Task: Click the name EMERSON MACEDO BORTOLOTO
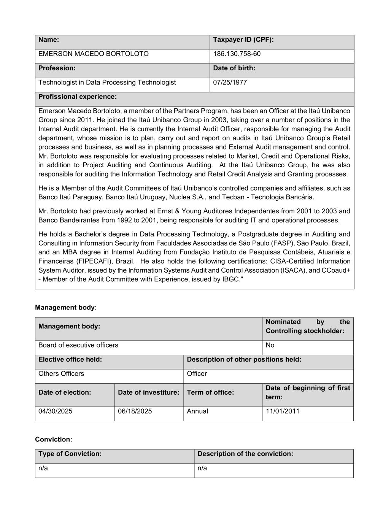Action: pyautogui.click(x=94, y=54)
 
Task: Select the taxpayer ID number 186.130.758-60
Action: pyautogui.click(x=237, y=54)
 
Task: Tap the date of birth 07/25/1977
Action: pyautogui.click(x=230, y=83)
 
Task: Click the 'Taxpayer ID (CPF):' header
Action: pyautogui.click(x=243, y=40)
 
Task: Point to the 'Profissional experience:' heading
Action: pyautogui.click(x=78, y=97)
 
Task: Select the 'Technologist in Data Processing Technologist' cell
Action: pyautogui.click(x=107, y=83)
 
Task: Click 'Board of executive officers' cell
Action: pyautogui.click(x=78, y=345)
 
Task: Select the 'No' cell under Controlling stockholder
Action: pyautogui.click(x=270, y=345)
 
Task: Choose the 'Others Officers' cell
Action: pyautogui.click(x=61, y=374)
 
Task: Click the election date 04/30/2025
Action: pyautogui.click(x=55, y=411)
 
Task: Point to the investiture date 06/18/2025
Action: pyautogui.click(x=135, y=411)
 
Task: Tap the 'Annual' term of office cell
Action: pyautogui.click(x=197, y=411)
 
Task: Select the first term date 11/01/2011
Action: pyautogui.click(x=282, y=411)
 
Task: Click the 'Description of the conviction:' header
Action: pyautogui.click(x=245, y=454)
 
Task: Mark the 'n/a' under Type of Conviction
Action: pyautogui.click(x=43, y=468)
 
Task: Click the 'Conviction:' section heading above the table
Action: pyautogui.click(x=53, y=440)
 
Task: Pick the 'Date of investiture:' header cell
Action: pyautogui.click(x=148, y=392)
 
